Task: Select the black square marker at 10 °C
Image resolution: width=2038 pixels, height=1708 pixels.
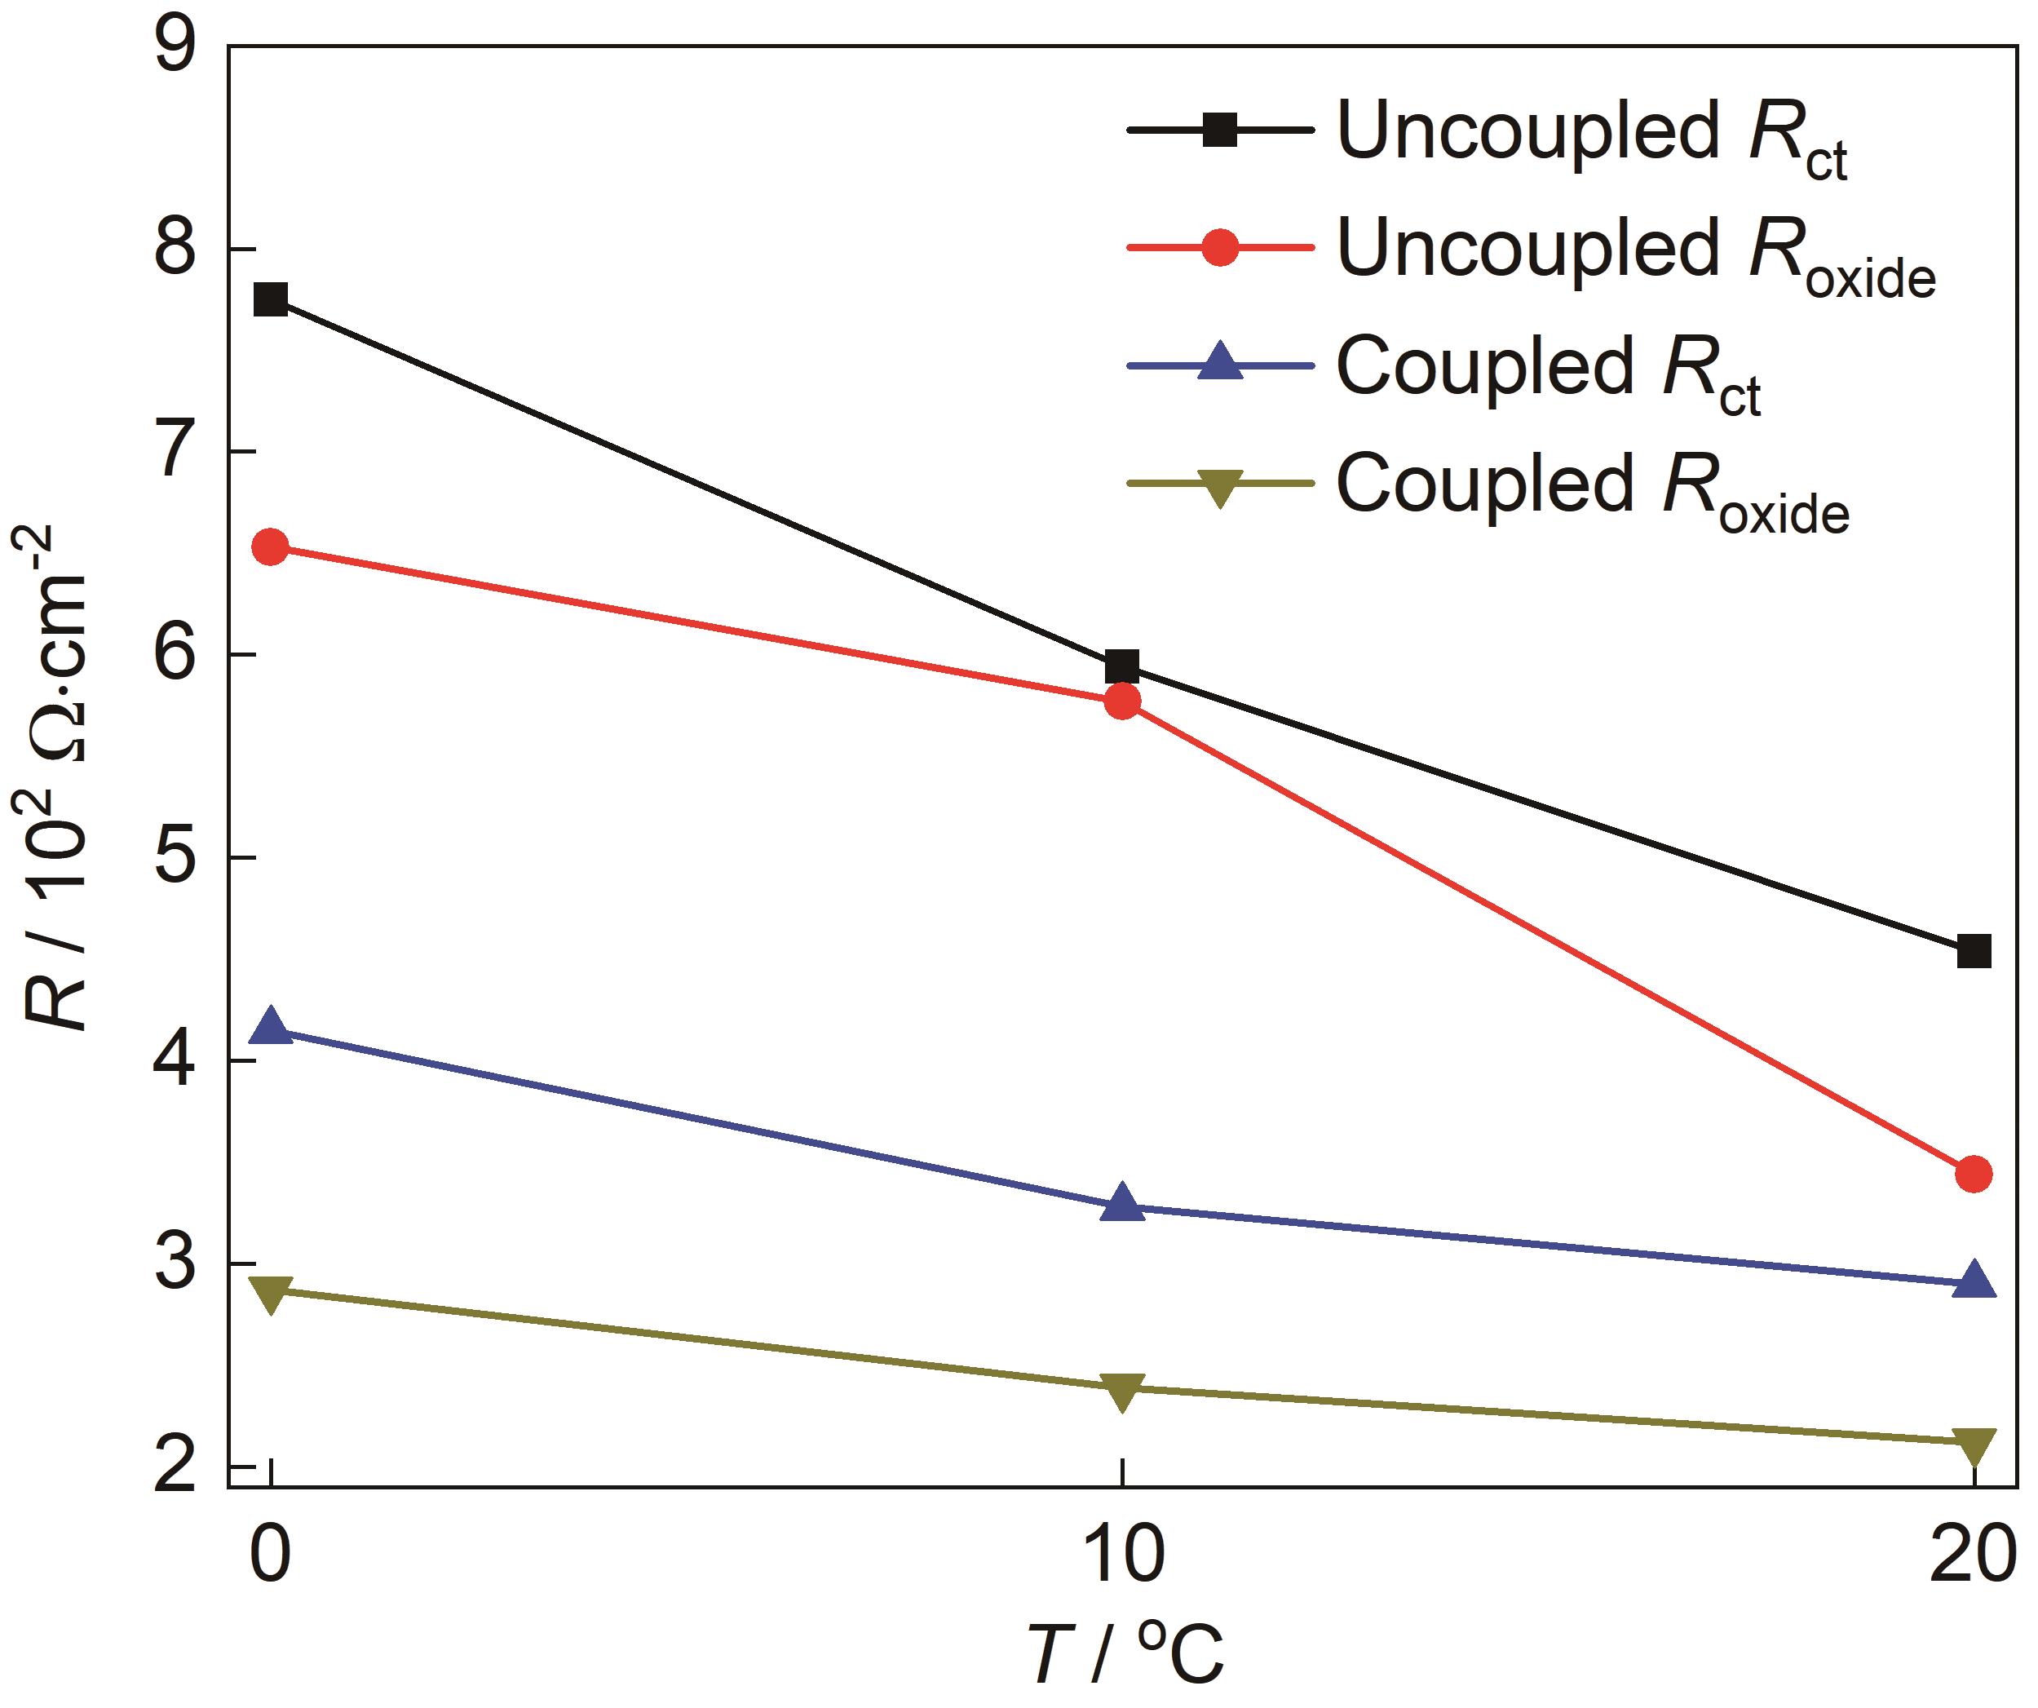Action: (1122, 666)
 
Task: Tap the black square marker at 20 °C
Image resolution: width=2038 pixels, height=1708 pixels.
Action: (1974, 950)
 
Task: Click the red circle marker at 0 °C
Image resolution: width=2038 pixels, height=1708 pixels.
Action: (270, 547)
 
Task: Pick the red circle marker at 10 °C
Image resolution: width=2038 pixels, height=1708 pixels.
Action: (1122, 701)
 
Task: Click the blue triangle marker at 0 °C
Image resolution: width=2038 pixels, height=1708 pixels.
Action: (271, 1027)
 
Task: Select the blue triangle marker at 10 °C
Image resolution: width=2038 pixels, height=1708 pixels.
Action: (1122, 1203)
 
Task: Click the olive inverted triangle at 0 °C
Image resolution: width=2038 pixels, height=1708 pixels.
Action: (271, 1294)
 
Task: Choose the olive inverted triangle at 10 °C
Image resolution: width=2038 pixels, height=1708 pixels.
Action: (1122, 1392)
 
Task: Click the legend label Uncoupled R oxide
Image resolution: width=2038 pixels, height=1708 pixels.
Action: (1636, 254)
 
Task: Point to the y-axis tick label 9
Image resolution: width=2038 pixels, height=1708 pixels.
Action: (175, 46)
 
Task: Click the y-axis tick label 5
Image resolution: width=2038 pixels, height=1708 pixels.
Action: (175, 858)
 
